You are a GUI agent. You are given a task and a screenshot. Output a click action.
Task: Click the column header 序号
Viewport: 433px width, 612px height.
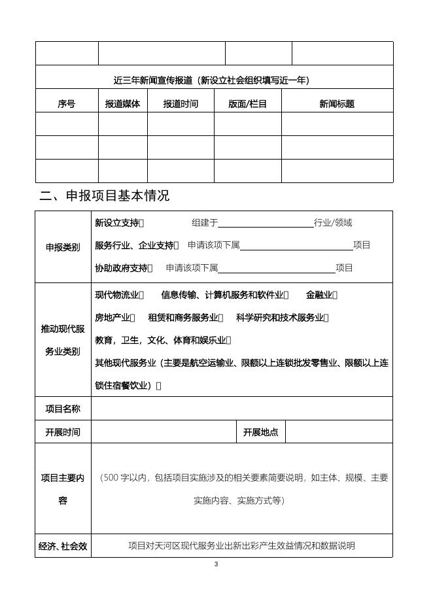[67, 104]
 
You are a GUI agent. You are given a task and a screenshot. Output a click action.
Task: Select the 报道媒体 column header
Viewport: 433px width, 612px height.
[122, 104]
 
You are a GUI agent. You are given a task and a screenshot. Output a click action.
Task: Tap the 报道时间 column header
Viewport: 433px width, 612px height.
[181, 104]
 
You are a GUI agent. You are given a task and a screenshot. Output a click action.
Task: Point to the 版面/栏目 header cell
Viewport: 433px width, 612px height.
[247, 104]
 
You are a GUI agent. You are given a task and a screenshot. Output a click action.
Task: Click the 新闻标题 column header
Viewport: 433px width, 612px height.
[337, 104]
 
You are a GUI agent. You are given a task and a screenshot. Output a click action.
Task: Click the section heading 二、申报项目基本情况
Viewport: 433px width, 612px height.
[105, 195]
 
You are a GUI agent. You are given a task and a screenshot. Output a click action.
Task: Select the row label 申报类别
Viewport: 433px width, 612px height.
[63, 247]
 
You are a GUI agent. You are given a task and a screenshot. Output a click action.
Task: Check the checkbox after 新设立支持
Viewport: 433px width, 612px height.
[142, 223]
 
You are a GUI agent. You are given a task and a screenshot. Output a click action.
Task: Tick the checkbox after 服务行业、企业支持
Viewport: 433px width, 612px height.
[177, 245]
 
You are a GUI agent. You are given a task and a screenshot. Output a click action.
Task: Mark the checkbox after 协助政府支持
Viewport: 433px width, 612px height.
[150, 268]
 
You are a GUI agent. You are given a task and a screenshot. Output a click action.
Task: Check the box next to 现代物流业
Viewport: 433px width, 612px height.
[142, 295]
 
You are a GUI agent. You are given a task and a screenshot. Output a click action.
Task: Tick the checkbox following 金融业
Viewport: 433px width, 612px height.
[335, 295]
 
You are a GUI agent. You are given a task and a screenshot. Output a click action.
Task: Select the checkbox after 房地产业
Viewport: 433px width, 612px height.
[133, 318]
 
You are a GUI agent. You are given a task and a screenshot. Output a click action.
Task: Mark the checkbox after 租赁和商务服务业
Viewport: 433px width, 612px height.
[221, 318]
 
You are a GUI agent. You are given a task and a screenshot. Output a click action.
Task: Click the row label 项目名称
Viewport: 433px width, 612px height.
[63, 409]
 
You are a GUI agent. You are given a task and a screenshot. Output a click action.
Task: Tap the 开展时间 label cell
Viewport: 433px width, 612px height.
[63, 432]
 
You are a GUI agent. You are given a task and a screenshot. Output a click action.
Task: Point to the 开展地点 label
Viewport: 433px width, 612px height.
[260, 432]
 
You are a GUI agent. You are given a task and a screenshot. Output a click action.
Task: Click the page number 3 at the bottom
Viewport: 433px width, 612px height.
[216, 564]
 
